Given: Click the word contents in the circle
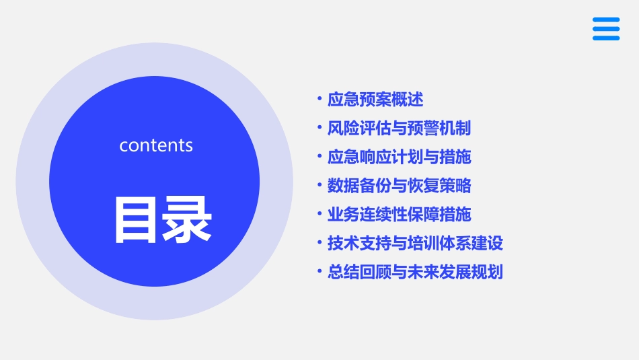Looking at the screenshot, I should click(156, 145).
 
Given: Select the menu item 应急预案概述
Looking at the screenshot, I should click(375, 100).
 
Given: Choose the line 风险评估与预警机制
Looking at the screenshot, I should click(399, 128).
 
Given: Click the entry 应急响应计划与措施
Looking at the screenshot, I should click(399, 157).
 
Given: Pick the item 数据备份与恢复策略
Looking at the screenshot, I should click(399, 186).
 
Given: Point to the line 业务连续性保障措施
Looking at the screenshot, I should click(399, 215).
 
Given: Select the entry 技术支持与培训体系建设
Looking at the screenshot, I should click(415, 244).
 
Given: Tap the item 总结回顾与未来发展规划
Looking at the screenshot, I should click(415, 273).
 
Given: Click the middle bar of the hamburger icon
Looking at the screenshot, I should click(606, 29).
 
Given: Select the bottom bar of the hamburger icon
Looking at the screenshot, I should click(606, 38).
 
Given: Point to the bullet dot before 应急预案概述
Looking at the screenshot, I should click(320, 100).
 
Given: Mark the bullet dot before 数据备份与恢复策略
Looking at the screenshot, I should click(320, 186).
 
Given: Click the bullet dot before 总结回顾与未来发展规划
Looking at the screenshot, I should click(320, 273).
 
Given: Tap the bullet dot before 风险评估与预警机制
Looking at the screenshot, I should click(320, 128).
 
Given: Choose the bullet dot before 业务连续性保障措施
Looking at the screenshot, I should click(320, 215).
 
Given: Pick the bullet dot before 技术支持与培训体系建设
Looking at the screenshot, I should click(320, 244).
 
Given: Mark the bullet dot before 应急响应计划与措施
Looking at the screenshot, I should click(320, 157).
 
